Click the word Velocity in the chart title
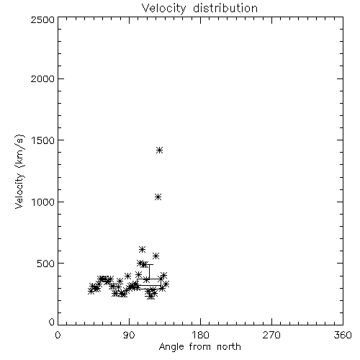163,9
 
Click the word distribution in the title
225,8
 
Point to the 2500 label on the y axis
42,19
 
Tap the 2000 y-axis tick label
42,78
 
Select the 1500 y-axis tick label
43,140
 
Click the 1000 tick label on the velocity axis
43,202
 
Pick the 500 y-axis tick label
46,264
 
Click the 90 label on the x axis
129,335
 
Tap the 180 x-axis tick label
200,335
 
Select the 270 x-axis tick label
271,335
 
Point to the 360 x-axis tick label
343,335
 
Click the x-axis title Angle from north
200,347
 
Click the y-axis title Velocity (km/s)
19,171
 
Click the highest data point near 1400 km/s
160,150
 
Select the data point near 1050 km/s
158,197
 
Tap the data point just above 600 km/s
142,249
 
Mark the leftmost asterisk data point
91,291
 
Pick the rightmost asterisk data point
166,284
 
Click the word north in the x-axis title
229,346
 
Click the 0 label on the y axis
52,322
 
